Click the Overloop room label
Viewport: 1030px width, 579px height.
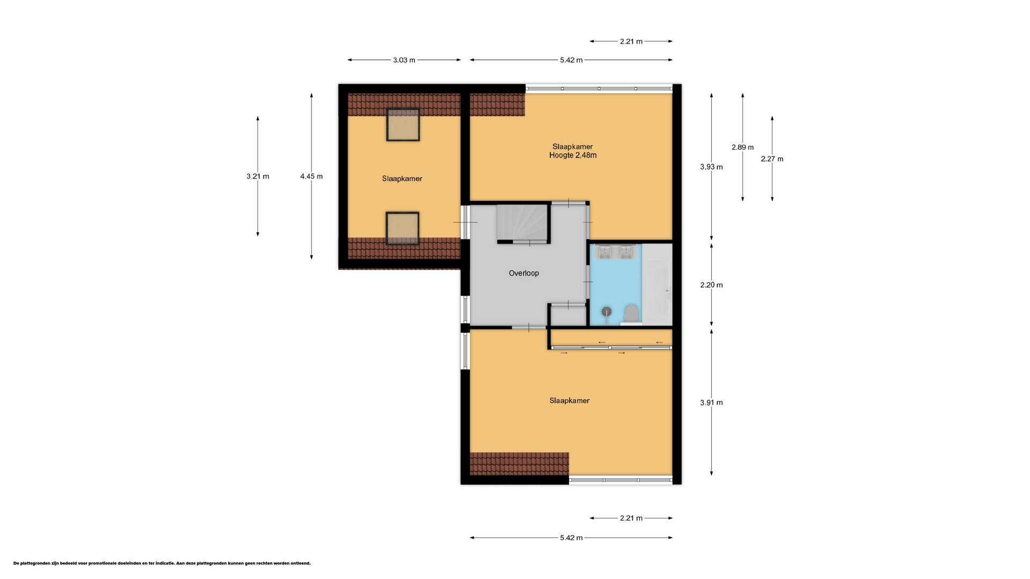click(x=524, y=273)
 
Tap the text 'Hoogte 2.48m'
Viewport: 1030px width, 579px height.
click(x=573, y=155)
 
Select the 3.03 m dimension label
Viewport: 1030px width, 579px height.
click(x=404, y=60)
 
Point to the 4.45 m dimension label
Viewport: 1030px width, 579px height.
click(x=312, y=176)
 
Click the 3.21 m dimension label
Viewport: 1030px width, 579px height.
click(x=258, y=176)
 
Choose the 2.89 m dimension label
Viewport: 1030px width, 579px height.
click(x=742, y=147)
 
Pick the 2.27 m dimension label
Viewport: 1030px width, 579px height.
click(x=772, y=159)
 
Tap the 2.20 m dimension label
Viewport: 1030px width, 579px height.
click(x=711, y=285)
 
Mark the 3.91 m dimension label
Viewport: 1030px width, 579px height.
click(x=711, y=403)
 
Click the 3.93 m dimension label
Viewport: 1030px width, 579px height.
click(x=711, y=167)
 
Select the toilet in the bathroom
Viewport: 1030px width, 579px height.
click(x=631, y=315)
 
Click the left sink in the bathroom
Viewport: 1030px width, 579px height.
click(x=604, y=251)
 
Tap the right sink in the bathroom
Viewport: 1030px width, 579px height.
click(x=626, y=251)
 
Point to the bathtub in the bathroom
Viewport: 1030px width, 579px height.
click(x=657, y=285)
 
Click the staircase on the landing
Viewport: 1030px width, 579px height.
click(x=522, y=222)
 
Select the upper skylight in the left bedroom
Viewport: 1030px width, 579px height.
click(x=403, y=125)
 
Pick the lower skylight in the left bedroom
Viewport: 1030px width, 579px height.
click(x=402, y=228)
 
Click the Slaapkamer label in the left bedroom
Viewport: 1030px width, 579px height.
click(x=402, y=179)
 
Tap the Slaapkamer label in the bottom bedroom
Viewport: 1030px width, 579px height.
click(x=569, y=401)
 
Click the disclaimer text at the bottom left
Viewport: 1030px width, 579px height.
click(x=162, y=563)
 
